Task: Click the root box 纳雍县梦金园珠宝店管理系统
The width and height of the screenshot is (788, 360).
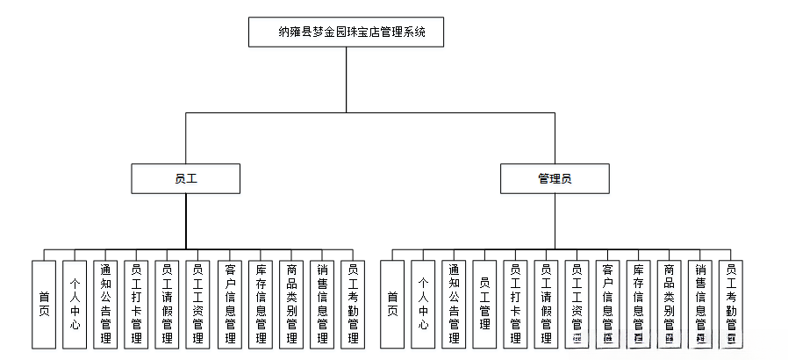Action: pos(346,32)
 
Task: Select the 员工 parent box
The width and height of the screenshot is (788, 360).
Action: pos(185,178)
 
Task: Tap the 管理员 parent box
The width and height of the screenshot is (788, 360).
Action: pos(555,178)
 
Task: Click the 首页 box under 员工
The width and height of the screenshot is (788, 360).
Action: pos(44,305)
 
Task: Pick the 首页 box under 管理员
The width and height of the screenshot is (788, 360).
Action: pos(392,305)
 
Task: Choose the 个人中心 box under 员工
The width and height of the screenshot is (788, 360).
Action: pos(75,305)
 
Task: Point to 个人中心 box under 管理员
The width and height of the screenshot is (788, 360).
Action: pos(423,305)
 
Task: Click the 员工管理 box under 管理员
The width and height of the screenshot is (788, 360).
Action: pos(484,305)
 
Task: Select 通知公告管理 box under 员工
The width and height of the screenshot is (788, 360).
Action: pos(105,305)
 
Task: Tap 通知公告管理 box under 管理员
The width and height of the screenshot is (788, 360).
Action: pos(454,305)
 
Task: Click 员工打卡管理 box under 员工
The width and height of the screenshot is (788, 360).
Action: pos(136,305)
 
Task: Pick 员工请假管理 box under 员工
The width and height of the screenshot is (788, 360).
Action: pos(167,305)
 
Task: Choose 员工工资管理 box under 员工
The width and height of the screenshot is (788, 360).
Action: pos(197,305)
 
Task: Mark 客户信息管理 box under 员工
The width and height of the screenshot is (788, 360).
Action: pos(229,305)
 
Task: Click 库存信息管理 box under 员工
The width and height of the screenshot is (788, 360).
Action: pos(260,305)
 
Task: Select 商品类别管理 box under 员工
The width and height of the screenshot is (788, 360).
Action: pos(290,305)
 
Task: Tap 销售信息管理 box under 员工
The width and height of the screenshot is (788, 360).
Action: pos(321,305)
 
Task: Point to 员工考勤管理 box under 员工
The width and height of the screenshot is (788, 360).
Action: pos(353,305)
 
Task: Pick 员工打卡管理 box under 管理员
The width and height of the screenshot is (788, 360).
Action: pos(515,305)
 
